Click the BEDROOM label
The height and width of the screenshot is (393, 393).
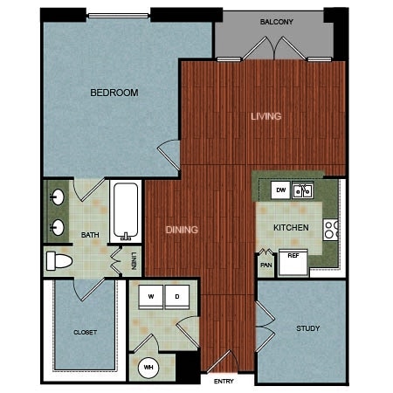tap(114, 93)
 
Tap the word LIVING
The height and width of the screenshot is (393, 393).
tap(266, 116)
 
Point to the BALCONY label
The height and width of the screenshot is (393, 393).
tap(276, 22)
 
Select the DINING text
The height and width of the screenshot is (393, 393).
tap(182, 230)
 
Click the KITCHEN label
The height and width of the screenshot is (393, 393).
tap(291, 227)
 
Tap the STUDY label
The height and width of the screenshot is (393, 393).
tap(308, 328)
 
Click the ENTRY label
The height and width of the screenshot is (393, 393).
tap(224, 381)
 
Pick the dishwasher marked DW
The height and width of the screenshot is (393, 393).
tap(280, 190)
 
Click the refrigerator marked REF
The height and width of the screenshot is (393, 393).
tap(293, 262)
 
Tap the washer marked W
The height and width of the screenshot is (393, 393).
tap(151, 297)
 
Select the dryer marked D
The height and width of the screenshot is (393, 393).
tap(177, 297)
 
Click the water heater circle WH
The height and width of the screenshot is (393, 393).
tap(148, 368)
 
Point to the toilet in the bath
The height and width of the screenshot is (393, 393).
tap(59, 261)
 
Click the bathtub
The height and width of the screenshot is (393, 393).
tap(126, 211)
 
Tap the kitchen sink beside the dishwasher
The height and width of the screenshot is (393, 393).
tap(303, 190)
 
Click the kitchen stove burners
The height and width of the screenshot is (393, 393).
tap(331, 230)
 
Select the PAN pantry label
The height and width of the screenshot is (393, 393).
tap(266, 265)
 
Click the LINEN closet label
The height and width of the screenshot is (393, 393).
tap(134, 261)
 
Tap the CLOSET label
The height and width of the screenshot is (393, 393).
tap(85, 332)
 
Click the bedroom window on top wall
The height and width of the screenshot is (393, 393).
tap(118, 16)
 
